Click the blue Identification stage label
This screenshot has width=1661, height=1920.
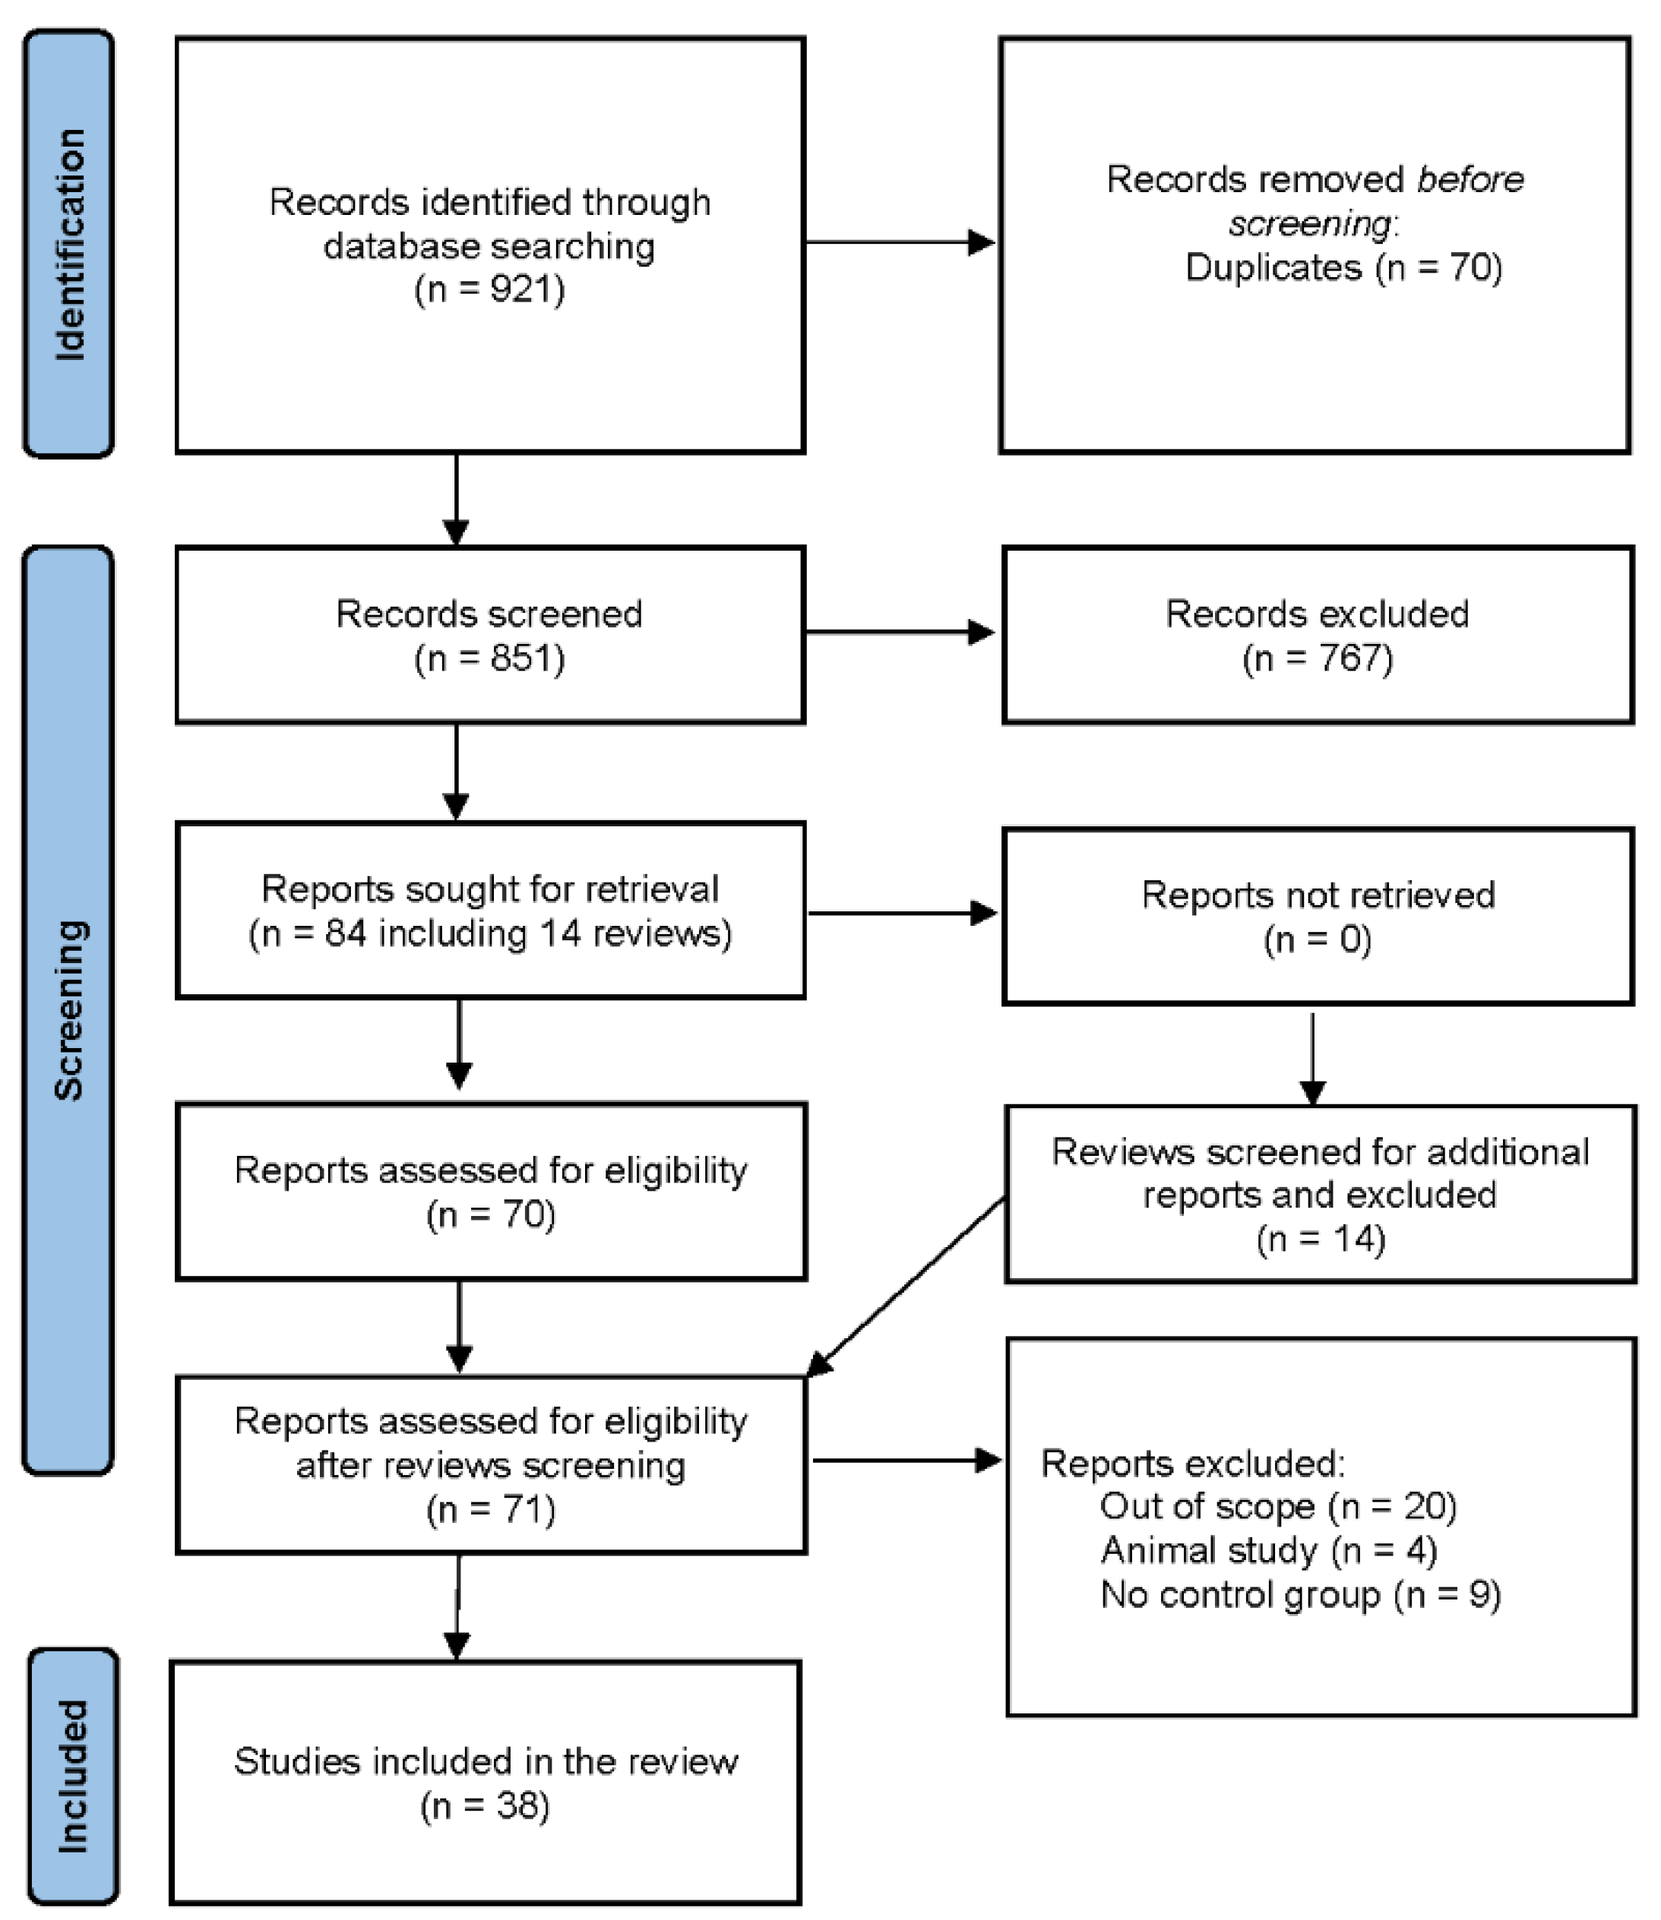pyautogui.click(x=68, y=244)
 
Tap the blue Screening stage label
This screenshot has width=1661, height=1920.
pyautogui.click(x=68, y=1010)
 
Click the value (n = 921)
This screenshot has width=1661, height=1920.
pyautogui.click(x=489, y=289)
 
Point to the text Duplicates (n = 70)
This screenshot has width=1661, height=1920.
pyautogui.click(x=1343, y=268)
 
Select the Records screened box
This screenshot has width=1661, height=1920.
pyautogui.click(x=489, y=635)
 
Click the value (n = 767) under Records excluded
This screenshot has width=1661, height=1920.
pyautogui.click(x=1317, y=658)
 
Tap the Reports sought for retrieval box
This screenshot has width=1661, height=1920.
pyautogui.click(x=489, y=910)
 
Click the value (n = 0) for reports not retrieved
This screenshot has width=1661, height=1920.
pyautogui.click(x=1317, y=939)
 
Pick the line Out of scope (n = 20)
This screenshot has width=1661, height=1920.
pyautogui.click(x=1277, y=1507)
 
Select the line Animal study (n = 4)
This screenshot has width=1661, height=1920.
pyautogui.click(x=1268, y=1550)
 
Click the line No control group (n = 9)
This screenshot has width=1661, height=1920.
pyautogui.click(x=1299, y=1595)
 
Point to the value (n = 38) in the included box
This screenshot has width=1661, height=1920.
pyautogui.click(x=485, y=1805)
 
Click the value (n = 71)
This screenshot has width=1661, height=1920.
pyautogui.click(x=490, y=1510)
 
